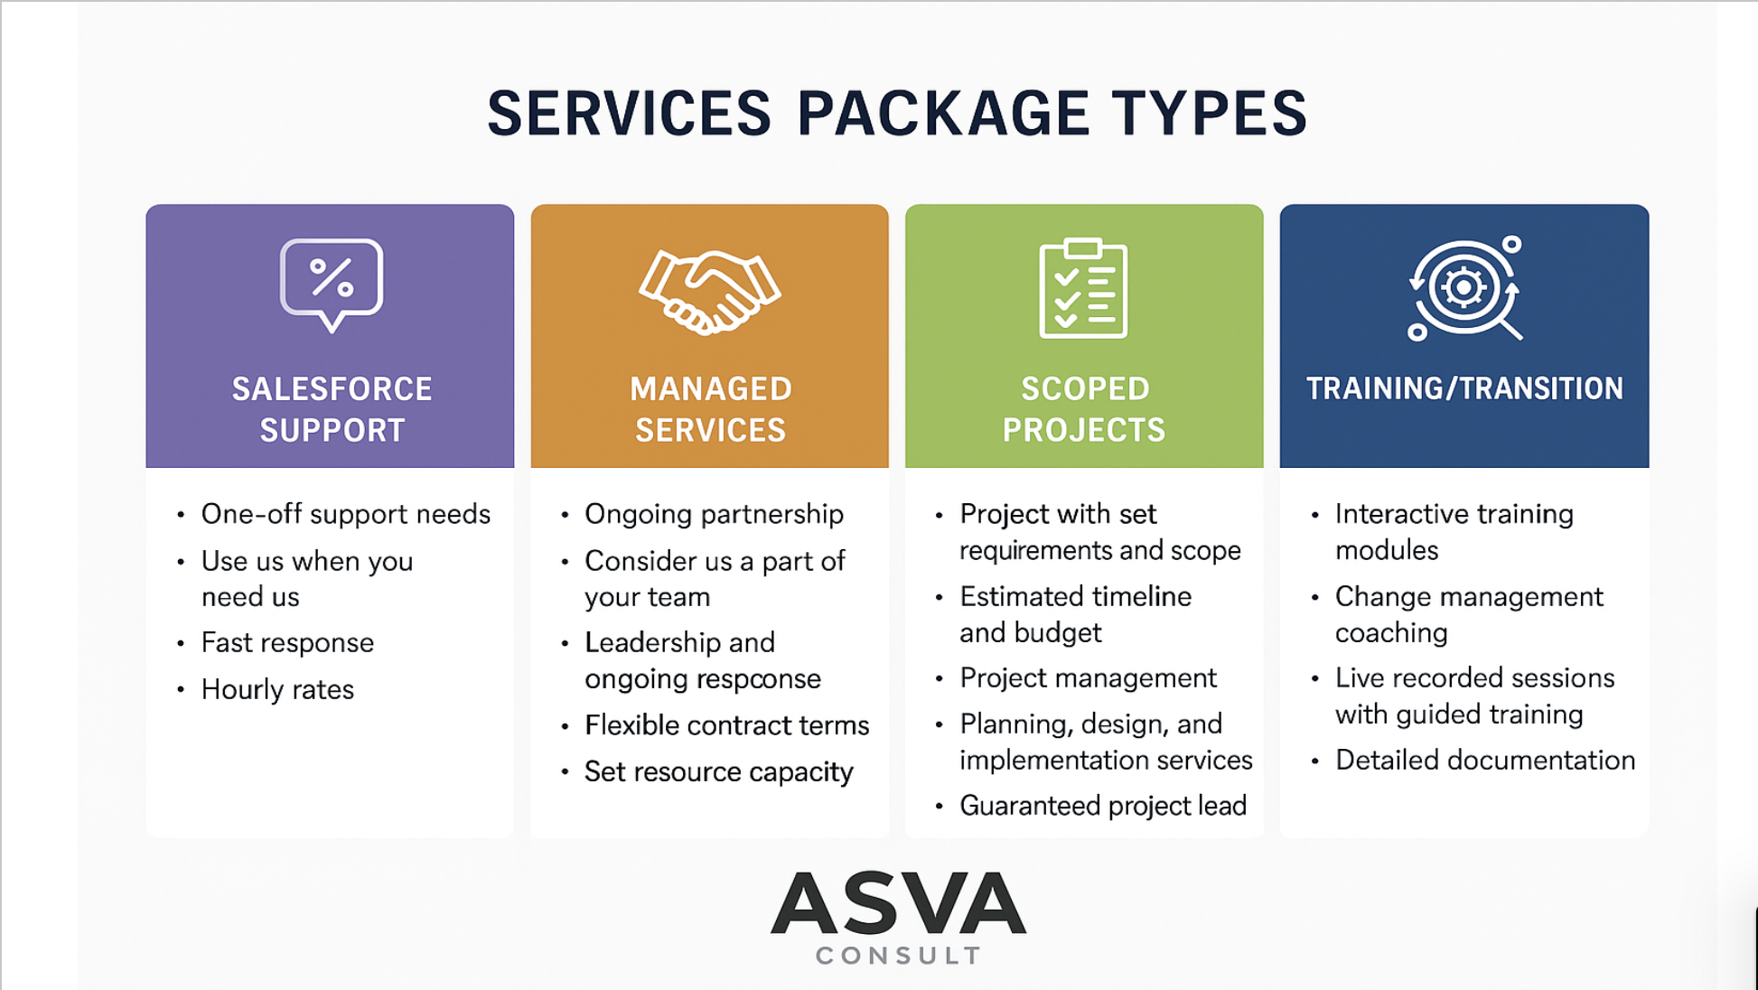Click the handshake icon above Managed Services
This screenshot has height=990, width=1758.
coord(710,292)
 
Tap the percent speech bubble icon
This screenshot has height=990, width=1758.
coord(332,284)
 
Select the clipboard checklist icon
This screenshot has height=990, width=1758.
coord(1083,288)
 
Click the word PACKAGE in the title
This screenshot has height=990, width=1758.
coord(943,114)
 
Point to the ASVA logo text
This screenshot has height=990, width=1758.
coord(898,902)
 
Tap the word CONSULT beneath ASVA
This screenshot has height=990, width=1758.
coord(898,956)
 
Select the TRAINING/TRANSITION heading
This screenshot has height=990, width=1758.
coord(1464,388)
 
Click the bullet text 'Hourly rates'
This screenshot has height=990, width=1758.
coord(277,689)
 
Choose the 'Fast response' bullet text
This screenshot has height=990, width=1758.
coord(287,642)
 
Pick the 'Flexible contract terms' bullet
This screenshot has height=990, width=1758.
coord(726,724)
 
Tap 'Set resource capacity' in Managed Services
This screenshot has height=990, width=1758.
coord(718,771)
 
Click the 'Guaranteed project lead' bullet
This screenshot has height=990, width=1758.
coord(1103,805)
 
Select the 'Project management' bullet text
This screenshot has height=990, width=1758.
coord(1088,677)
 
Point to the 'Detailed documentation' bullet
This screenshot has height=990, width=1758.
coord(1485,760)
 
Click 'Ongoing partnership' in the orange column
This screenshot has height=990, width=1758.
coord(714,514)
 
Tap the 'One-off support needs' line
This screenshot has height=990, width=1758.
coord(346,514)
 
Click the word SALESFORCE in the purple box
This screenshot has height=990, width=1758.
coord(332,389)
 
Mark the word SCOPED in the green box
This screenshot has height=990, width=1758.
coord(1085,389)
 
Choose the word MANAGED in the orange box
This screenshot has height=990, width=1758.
coord(711,389)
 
